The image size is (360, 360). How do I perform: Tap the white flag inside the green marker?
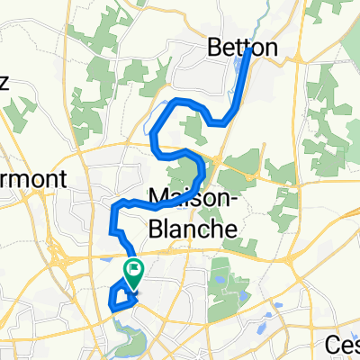point(134,266)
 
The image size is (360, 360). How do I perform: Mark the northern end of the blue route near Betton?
point(247,51)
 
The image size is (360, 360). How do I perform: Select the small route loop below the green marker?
point(119,297)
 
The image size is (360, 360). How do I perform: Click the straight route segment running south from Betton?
point(240,85)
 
